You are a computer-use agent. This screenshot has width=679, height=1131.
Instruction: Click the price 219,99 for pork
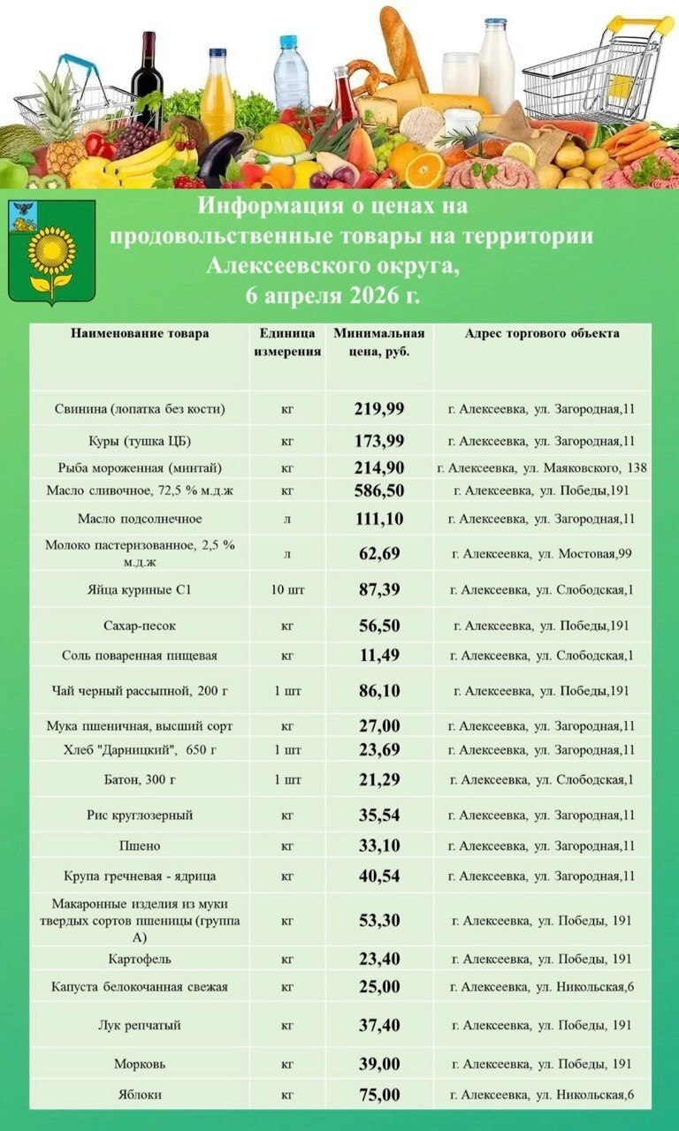coord(379,408)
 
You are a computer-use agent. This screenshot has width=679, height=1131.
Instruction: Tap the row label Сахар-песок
coord(140,626)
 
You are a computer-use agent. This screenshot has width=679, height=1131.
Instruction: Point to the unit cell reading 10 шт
coord(287,589)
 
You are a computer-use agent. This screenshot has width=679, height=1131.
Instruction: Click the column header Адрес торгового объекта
coord(542,333)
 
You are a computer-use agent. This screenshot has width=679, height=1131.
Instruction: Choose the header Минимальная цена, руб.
coord(379,342)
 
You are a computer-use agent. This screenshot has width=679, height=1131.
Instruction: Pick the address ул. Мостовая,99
coord(542,554)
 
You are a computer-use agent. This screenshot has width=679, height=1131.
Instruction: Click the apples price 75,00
coord(379,1096)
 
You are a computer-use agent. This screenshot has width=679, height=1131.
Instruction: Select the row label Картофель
coord(140,959)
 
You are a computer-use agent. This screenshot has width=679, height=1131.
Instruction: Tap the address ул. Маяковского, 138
coord(542,467)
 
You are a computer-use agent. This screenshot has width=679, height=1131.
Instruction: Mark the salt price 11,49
coord(379,656)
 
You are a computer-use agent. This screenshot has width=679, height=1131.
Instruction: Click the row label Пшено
coord(140,846)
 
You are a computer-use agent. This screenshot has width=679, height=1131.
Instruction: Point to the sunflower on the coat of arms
coord(52,250)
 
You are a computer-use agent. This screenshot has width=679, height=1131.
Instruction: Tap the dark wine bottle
coord(147,80)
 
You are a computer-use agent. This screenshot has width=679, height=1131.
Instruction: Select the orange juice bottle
coord(217,95)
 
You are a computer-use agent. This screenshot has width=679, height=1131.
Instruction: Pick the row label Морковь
coord(140,1065)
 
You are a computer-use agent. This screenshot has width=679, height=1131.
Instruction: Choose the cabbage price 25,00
coord(379,987)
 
